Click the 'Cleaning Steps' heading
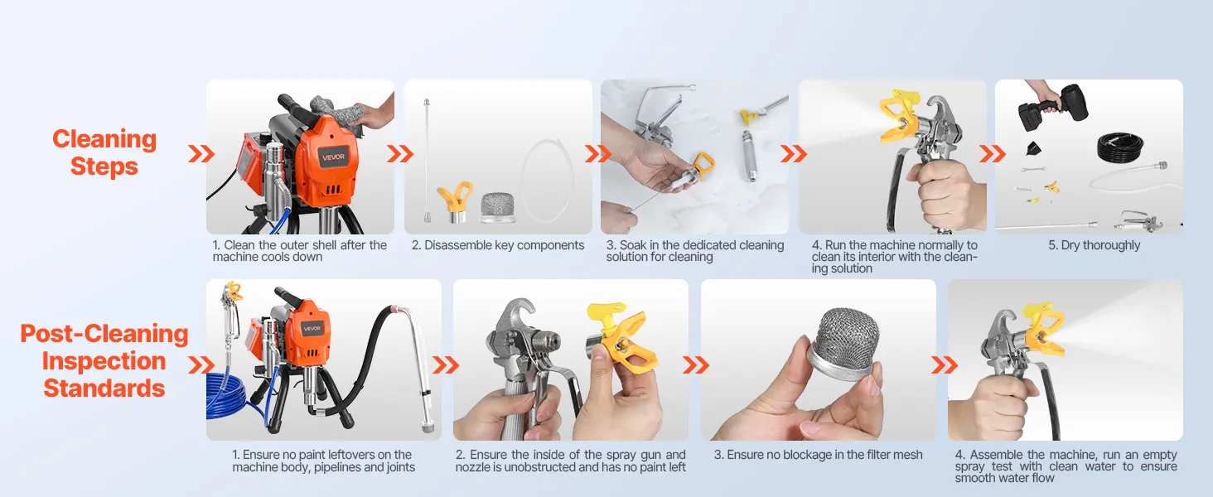[x=104, y=152]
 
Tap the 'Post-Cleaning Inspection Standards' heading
[x=104, y=360]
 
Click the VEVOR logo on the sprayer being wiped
[x=333, y=157]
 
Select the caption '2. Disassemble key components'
[x=498, y=245]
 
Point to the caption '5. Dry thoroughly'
[x=1094, y=245]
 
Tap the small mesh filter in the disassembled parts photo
[x=498, y=207]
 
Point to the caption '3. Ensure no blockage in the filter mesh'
[x=819, y=455]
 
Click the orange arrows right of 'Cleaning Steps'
[x=201, y=154]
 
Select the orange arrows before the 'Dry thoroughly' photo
[x=993, y=154]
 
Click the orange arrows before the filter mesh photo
[x=696, y=365]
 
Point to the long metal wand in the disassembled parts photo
[x=428, y=161]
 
